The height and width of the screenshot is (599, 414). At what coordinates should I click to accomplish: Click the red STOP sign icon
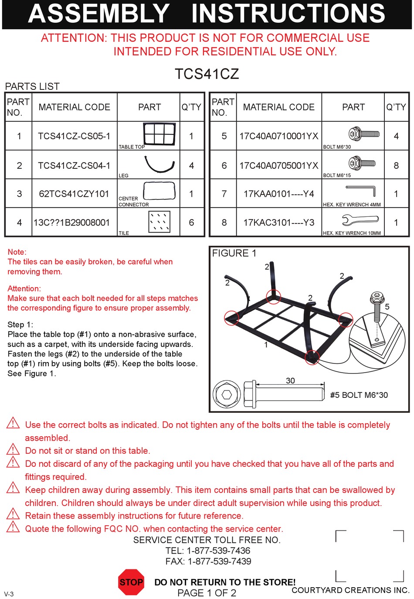[x=131, y=582]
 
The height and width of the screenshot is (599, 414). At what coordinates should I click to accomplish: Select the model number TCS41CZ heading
[x=207, y=74]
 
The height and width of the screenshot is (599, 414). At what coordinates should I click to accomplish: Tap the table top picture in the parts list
[x=159, y=133]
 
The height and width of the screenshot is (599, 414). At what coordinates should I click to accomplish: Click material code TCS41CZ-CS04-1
[x=74, y=165]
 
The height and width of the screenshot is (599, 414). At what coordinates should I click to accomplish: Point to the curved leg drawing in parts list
[x=159, y=164]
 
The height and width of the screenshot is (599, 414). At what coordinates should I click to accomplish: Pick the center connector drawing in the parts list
[x=159, y=191]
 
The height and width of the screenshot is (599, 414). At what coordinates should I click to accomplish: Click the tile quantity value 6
[x=191, y=222]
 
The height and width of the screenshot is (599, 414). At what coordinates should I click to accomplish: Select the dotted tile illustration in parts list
[x=159, y=222]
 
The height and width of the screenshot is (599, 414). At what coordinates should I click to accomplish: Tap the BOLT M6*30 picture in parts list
[x=364, y=134]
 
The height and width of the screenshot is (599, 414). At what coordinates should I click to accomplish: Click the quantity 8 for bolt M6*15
[x=396, y=165]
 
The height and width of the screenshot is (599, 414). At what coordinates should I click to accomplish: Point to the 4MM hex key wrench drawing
[x=361, y=191]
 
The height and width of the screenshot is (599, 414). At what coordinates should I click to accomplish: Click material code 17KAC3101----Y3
[x=279, y=222]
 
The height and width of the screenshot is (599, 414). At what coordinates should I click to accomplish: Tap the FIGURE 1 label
[x=234, y=253]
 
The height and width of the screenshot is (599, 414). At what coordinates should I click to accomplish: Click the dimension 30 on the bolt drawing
[x=290, y=380]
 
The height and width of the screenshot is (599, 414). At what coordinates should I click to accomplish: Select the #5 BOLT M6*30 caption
[x=359, y=395]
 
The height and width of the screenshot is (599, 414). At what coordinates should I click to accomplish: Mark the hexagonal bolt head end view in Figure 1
[x=227, y=394]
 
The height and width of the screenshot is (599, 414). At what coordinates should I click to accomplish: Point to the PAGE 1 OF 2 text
[x=207, y=593]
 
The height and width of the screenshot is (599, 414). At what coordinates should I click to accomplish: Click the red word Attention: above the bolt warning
[x=24, y=288]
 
